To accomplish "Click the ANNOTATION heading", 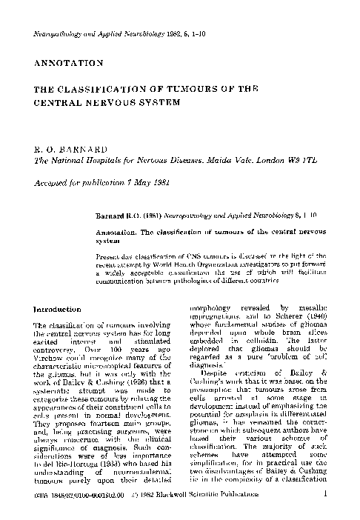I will tap(67, 64).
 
